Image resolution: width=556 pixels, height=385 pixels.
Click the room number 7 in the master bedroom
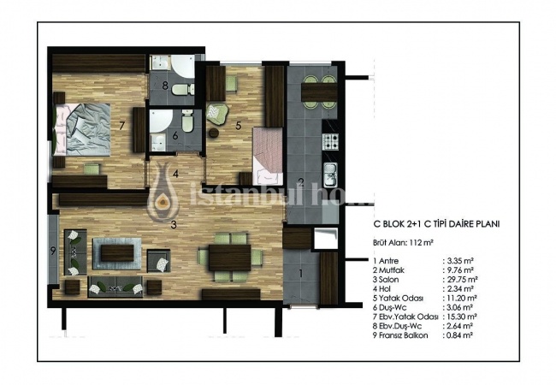[x=121, y=126]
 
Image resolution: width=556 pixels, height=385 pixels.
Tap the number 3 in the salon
[x=174, y=224]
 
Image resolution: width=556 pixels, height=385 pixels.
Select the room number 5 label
[x=239, y=125]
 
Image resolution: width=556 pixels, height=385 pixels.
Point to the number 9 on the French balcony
[x=53, y=251]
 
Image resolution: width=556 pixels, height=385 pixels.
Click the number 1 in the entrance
[x=301, y=273]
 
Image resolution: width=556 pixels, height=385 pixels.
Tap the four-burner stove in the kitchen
[x=330, y=141]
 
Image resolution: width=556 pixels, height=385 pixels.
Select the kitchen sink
[x=330, y=175]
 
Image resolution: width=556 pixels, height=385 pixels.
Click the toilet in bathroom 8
[x=183, y=89]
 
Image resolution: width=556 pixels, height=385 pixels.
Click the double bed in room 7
[x=81, y=129]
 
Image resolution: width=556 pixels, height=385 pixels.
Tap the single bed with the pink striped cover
[x=268, y=157]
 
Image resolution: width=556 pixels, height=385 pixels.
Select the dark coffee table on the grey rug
[x=117, y=253]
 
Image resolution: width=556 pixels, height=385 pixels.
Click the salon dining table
[x=230, y=258]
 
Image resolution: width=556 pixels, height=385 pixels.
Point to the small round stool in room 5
[x=214, y=133]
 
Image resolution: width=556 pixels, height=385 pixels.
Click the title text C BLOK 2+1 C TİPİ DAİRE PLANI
[x=436, y=224]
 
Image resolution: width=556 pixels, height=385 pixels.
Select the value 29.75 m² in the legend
[x=460, y=280]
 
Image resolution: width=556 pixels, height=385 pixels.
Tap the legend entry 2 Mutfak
[x=388, y=270]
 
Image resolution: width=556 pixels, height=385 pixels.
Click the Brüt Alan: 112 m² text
[x=404, y=243]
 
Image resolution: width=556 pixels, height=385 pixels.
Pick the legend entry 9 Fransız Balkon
[x=400, y=335]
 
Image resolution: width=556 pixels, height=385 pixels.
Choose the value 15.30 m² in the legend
[x=459, y=317]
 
